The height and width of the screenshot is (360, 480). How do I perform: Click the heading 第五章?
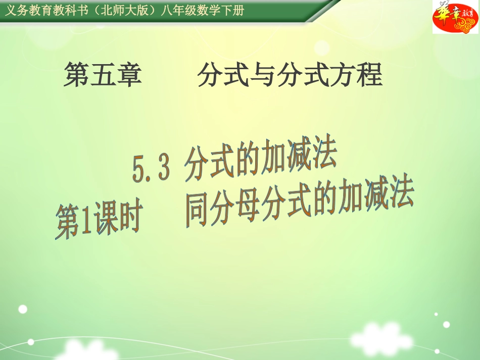tap(103, 76)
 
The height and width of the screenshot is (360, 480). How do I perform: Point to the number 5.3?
tap(151, 168)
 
